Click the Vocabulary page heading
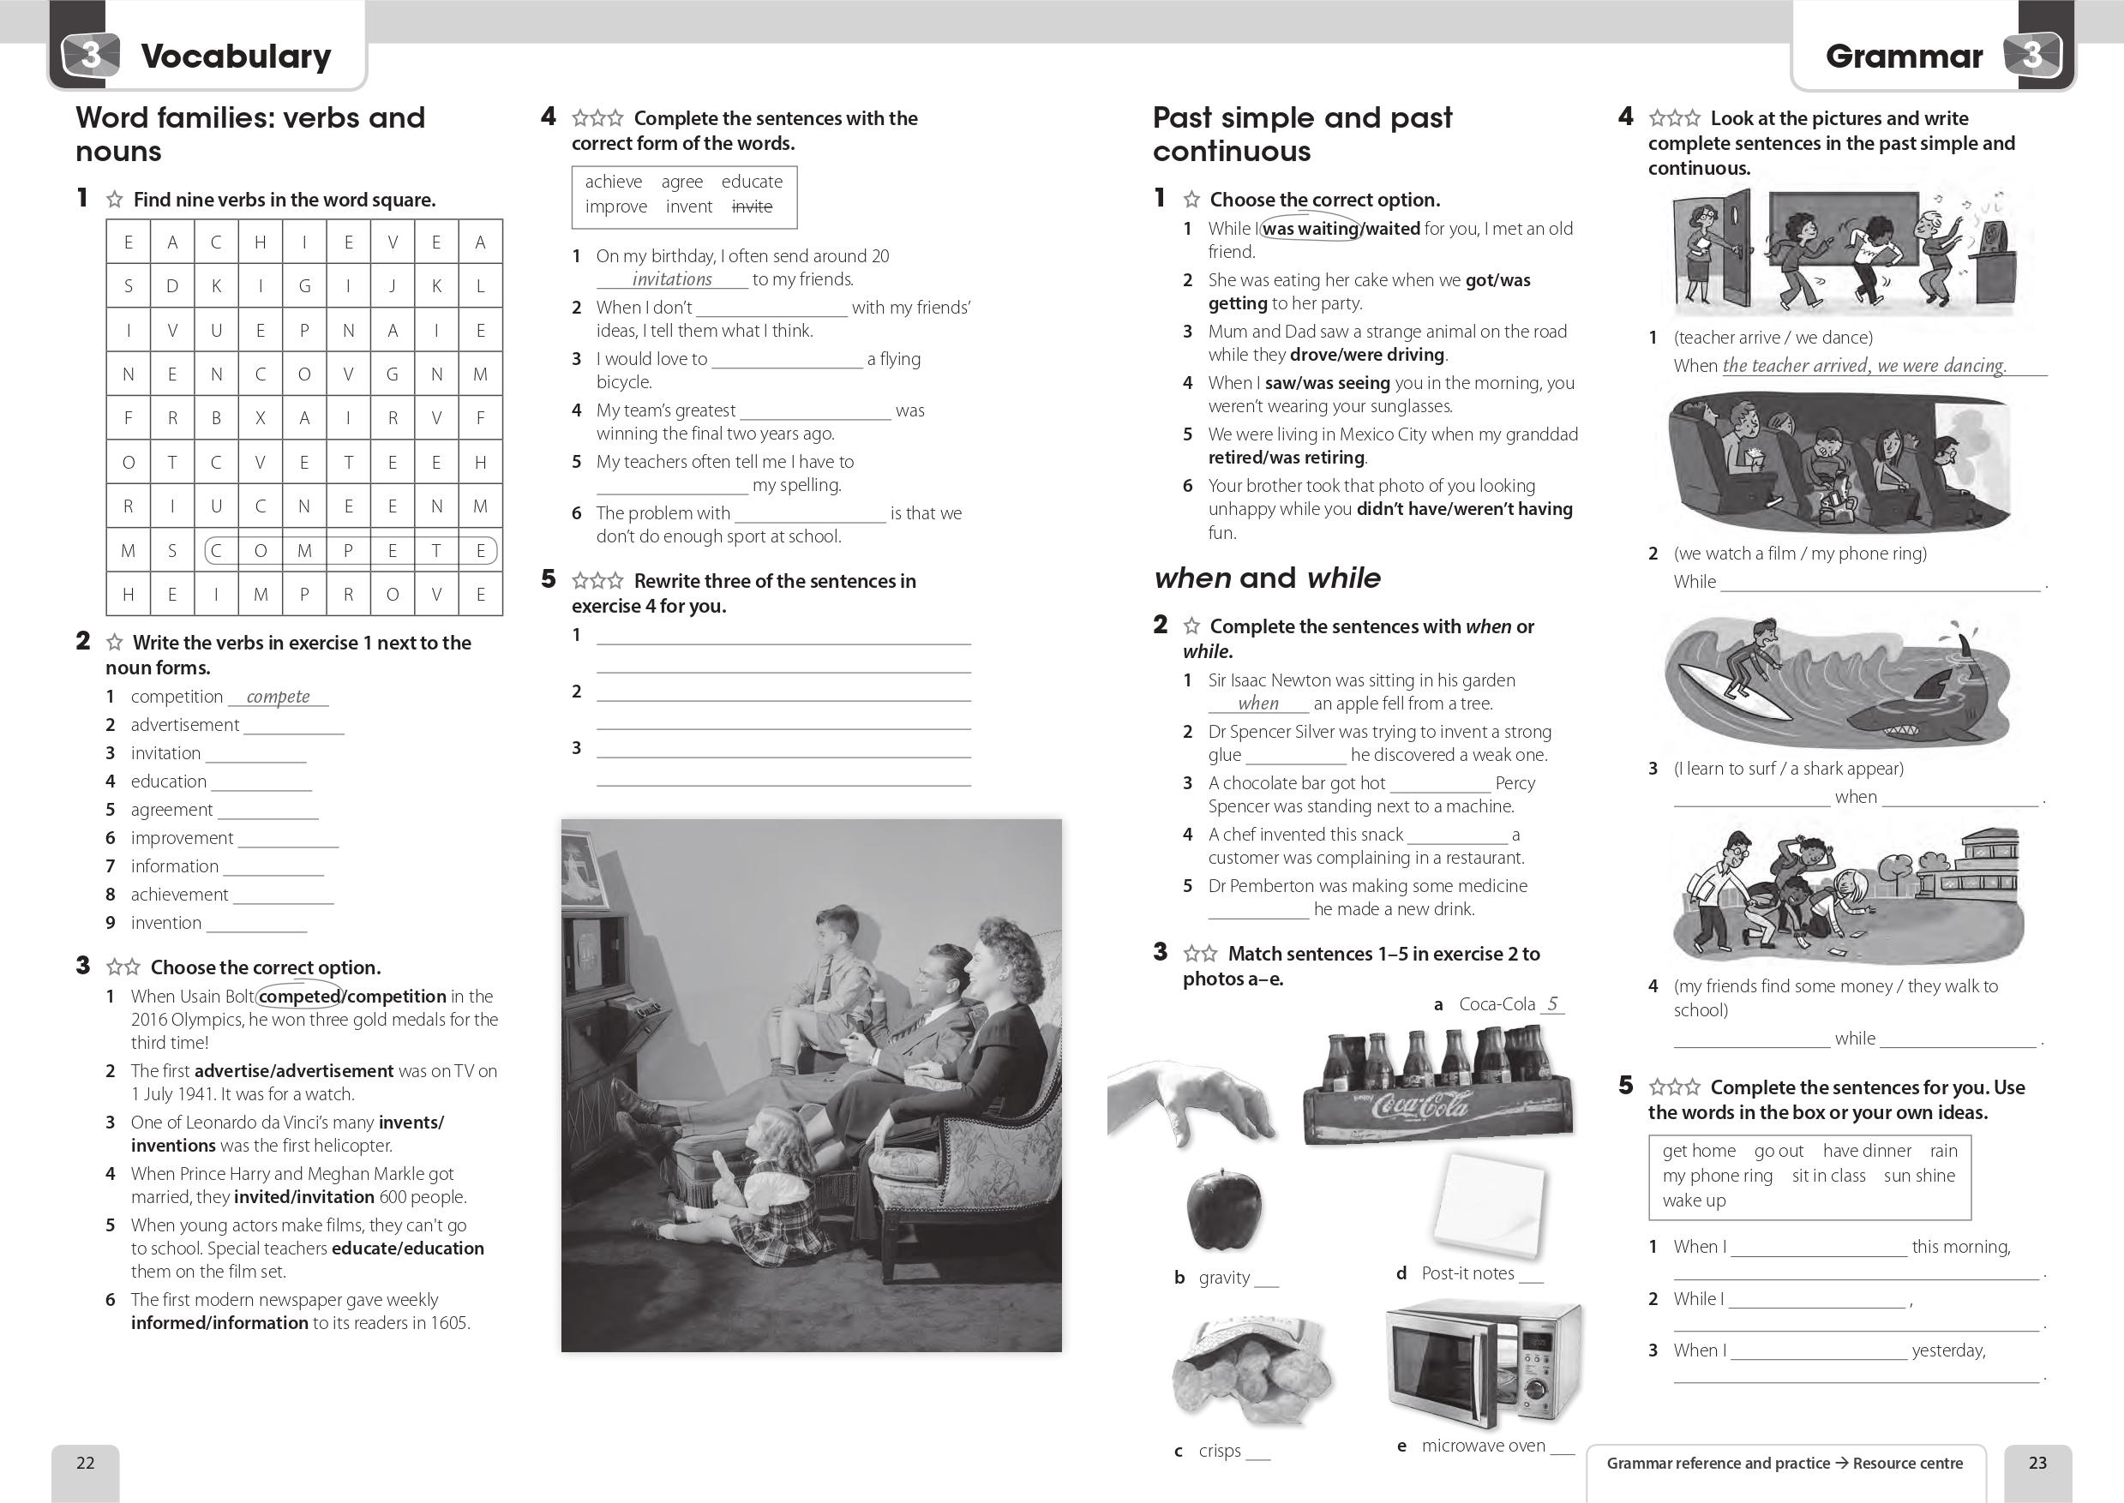[x=235, y=57]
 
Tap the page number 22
[x=85, y=1462]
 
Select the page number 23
[x=2037, y=1462]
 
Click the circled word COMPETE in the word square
[x=350, y=552]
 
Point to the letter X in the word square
[x=260, y=418]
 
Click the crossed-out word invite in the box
[x=752, y=207]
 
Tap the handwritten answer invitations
[x=672, y=279]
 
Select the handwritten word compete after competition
[x=278, y=697]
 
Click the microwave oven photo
[x=1484, y=1364]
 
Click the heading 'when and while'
[x=1267, y=578]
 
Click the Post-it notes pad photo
[x=1490, y=1202]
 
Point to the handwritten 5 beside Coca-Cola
[x=1552, y=1003]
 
